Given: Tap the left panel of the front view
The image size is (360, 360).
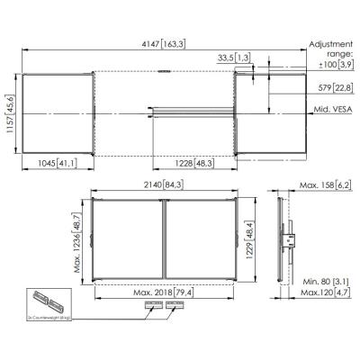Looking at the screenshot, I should (x=128, y=238).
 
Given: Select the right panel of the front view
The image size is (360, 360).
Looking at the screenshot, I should (x=197, y=238).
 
